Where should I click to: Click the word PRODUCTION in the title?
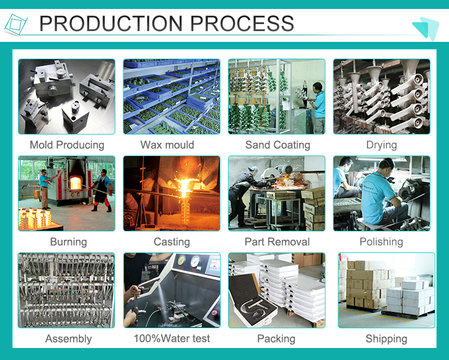click(x=111, y=23)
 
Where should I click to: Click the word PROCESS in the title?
click(x=242, y=23)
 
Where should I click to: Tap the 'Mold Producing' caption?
click(x=67, y=145)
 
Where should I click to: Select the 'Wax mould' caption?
click(x=167, y=145)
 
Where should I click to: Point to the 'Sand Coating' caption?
click(x=278, y=145)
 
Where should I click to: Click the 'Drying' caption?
click(x=381, y=145)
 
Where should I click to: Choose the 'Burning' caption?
click(x=68, y=242)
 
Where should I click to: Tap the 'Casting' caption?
click(x=172, y=242)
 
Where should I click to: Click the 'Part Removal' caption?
click(x=277, y=242)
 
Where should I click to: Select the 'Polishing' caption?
click(x=381, y=242)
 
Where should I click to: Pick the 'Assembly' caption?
click(x=68, y=339)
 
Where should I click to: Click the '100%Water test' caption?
click(x=172, y=338)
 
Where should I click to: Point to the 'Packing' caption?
click(x=277, y=339)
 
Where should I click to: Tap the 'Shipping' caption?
click(x=386, y=339)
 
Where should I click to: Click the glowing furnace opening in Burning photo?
click(x=75, y=183)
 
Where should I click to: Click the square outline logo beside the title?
click(x=16, y=25)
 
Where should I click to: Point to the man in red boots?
click(x=102, y=190)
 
